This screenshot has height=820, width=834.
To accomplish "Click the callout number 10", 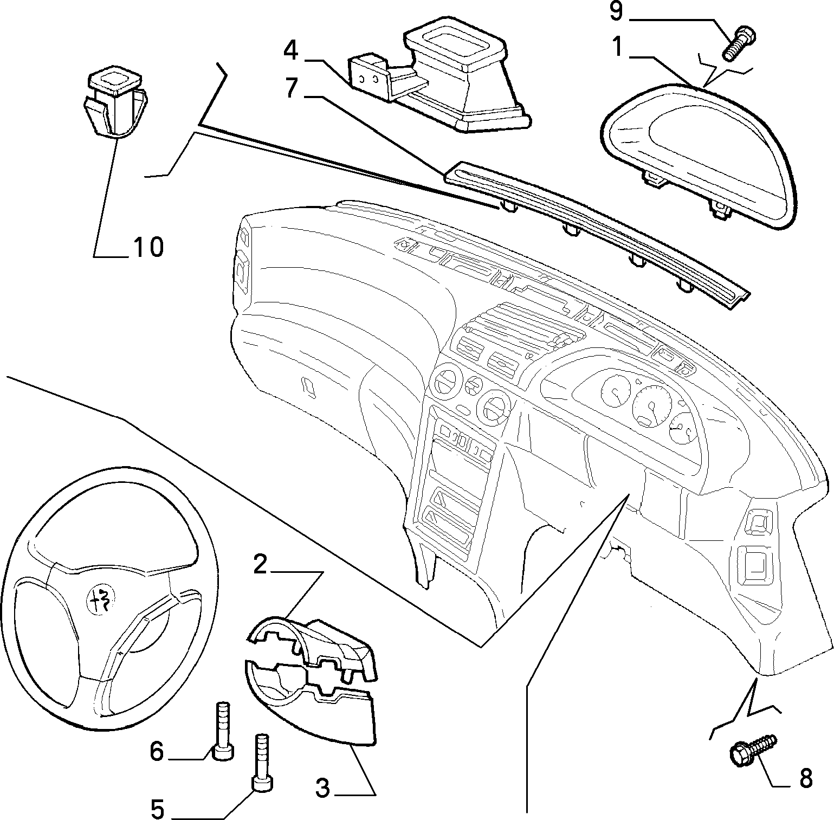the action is pyautogui.click(x=147, y=247).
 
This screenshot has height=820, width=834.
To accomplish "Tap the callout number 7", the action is pyautogui.click(x=292, y=88).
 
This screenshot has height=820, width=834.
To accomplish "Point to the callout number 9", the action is pyautogui.click(x=616, y=11).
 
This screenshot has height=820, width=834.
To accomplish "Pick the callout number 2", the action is pyautogui.click(x=261, y=564).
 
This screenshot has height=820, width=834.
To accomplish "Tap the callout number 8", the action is pyautogui.click(x=806, y=779).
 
